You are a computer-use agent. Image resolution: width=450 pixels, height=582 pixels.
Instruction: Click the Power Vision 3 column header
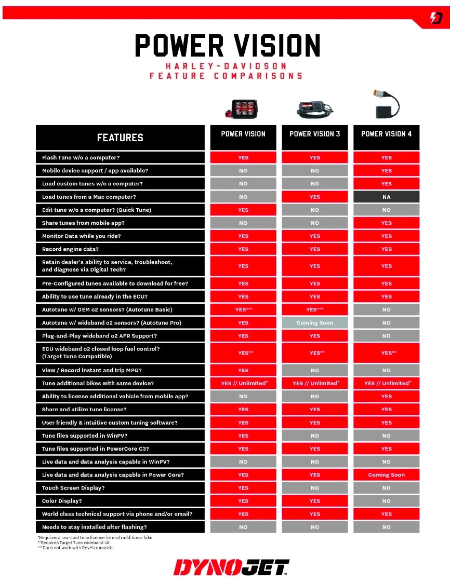pyautogui.click(x=315, y=134)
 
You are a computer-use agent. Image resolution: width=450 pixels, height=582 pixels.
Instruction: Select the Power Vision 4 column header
pyautogui.click(x=386, y=134)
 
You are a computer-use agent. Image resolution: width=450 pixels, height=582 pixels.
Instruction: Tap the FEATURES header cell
pyautogui.click(x=120, y=138)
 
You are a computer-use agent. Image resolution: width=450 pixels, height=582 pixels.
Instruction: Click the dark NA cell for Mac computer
pyautogui.click(x=386, y=197)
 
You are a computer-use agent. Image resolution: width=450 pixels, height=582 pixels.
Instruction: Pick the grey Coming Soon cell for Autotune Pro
pyautogui.click(x=315, y=323)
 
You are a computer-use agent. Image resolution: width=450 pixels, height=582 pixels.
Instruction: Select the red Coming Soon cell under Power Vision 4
pyautogui.click(x=386, y=475)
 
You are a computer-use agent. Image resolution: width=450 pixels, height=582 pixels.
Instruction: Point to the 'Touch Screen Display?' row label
pyautogui.click(x=73, y=488)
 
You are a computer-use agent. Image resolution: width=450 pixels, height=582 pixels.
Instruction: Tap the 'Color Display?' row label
pyautogui.click(x=62, y=501)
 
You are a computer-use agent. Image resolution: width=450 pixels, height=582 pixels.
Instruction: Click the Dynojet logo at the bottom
pyautogui.click(x=231, y=567)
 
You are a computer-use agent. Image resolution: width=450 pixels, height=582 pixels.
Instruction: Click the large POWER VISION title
pyautogui.click(x=227, y=46)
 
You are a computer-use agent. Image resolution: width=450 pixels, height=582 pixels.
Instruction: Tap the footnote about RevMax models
pyautogui.click(x=75, y=548)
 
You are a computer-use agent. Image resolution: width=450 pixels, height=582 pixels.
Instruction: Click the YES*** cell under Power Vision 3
pyautogui.click(x=315, y=309)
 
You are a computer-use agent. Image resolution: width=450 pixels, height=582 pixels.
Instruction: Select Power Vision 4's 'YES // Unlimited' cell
pyautogui.click(x=386, y=383)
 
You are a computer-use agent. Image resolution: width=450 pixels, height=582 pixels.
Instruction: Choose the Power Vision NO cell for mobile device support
pyautogui.click(x=243, y=171)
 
